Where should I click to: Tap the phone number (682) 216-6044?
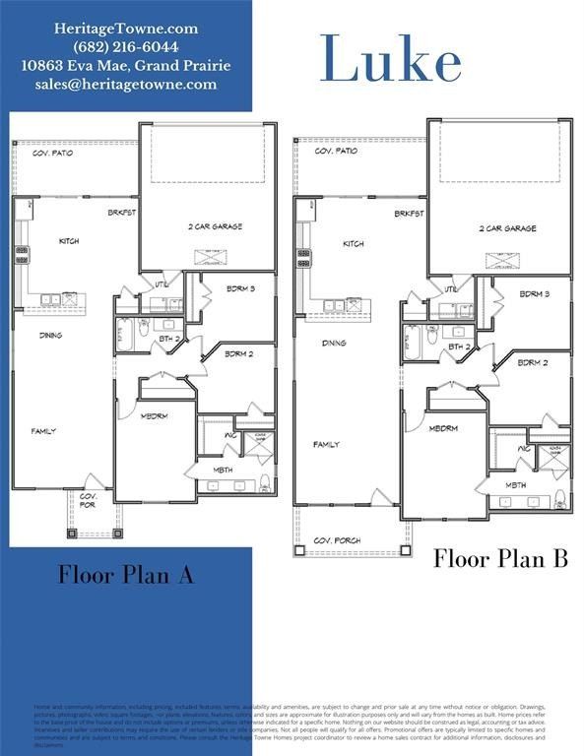click(x=125, y=47)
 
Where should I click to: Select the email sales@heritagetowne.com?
click(x=125, y=85)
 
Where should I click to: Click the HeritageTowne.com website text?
click(x=125, y=30)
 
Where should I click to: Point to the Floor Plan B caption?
click(x=501, y=559)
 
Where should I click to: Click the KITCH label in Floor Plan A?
click(x=69, y=241)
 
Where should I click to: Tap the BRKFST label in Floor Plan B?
click(x=410, y=214)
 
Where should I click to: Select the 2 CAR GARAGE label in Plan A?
click(x=215, y=226)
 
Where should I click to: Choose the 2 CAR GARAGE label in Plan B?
click(x=508, y=228)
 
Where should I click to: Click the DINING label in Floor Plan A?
click(x=51, y=336)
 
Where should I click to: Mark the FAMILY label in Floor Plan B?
click(x=326, y=445)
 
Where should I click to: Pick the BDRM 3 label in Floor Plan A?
click(x=239, y=288)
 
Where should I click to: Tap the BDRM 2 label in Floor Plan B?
click(x=533, y=362)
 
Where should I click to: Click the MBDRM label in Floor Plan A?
click(x=155, y=415)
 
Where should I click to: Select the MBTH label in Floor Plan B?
click(x=516, y=485)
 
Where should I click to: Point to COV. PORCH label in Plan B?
click(x=337, y=540)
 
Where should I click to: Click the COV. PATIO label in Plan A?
click(x=55, y=154)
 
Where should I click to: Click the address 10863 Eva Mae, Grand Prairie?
click(x=125, y=66)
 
